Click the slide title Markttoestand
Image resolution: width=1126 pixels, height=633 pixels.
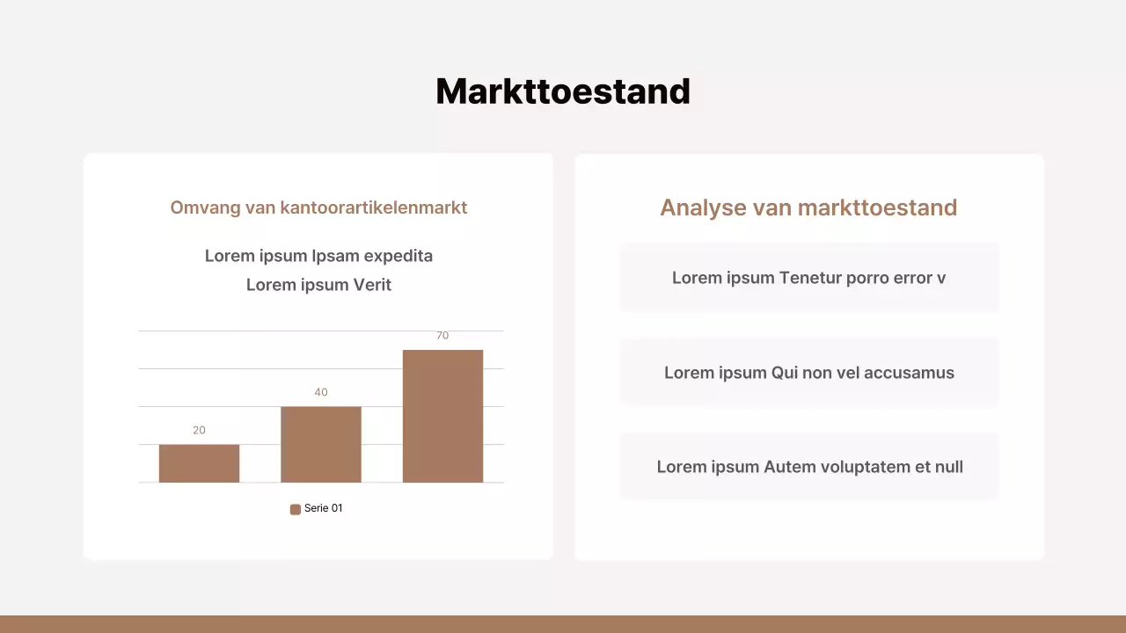click(x=563, y=91)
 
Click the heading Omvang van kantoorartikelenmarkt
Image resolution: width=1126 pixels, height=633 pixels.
click(x=318, y=207)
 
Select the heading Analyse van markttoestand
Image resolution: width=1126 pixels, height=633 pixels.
click(x=808, y=207)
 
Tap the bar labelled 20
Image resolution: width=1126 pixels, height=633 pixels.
click(x=199, y=463)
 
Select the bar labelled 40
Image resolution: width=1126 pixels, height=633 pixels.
click(x=321, y=444)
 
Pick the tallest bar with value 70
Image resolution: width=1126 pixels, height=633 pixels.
click(x=442, y=416)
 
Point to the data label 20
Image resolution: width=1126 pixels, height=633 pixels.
click(x=199, y=430)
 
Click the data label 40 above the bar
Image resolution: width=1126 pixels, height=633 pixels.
click(x=321, y=392)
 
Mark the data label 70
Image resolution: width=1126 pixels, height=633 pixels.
click(x=442, y=336)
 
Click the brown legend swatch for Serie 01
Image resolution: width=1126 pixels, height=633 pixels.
click(x=296, y=509)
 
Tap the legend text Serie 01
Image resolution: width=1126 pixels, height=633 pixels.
click(x=323, y=508)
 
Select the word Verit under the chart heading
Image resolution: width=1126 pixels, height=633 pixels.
click(x=373, y=285)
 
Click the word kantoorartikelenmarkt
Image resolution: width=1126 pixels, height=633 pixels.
click(x=374, y=207)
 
